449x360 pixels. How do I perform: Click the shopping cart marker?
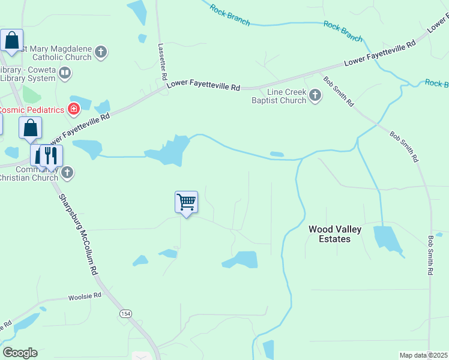pyautogui.click(x=186, y=202)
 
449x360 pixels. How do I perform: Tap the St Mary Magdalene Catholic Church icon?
pyautogui.click(x=101, y=53)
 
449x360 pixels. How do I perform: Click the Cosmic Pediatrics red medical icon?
pyautogui.click(x=73, y=109)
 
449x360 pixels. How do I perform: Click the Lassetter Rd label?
pyautogui.click(x=162, y=61)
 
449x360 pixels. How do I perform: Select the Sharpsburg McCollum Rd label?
pyautogui.click(x=77, y=234)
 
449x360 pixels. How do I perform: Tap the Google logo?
pyautogui.click(x=20, y=353)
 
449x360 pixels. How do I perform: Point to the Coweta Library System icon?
pyautogui.click(x=65, y=73)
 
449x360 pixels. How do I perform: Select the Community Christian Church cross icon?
pyautogui.click(x=67, y=173)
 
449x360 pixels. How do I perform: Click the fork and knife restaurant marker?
pyautogui.click(x=52, y=155)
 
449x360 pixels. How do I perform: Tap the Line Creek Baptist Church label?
pyautogui.click(x=279, y=96)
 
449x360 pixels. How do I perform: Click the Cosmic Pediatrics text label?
pyautogui.click(x=32, y=110)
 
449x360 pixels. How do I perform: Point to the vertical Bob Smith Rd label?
pyautogui.click(x=430, y=255)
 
